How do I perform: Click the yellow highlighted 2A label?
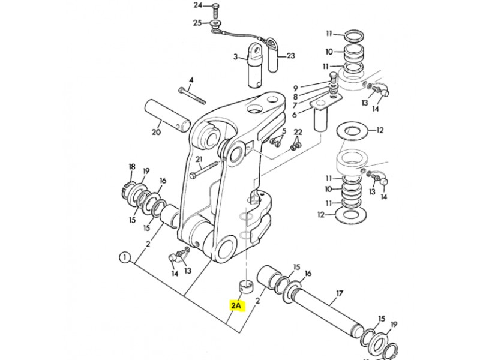click(x=236, y=305)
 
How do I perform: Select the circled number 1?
click(x=125, y=257)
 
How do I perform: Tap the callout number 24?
click(x=198, y=5)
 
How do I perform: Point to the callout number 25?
click(x=197, y=23)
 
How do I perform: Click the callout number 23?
click(x=290, y=56)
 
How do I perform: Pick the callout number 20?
click(x=156, y=132)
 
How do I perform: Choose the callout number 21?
click(x=199, y=160)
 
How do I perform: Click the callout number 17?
click(x=340, y=294)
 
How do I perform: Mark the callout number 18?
click(x=131, y=167)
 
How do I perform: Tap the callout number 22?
click(x=298, y=132)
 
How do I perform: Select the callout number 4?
click(x=191, y=80)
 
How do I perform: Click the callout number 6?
click(x=295, y=115)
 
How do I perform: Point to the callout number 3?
click(x=235, y=56)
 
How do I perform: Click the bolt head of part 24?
click(x=215, y=5)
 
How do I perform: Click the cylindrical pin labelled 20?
click(x=167, y=116)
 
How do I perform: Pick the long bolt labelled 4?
click(x=192, y=95)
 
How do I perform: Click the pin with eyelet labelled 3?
click(x=255, y=65)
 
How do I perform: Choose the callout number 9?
click(x=296, y=88)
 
